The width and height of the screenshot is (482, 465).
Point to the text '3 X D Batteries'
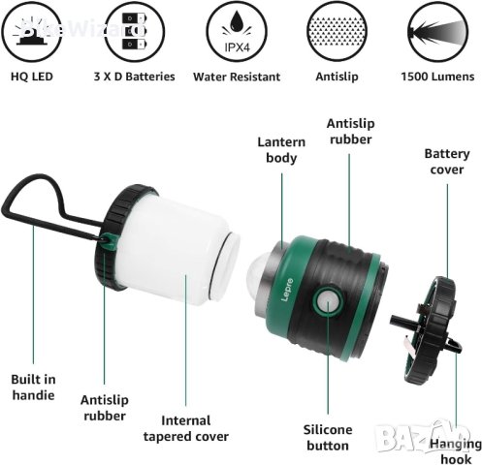[135, 76]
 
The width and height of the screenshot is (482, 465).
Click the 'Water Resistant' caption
[237, 76]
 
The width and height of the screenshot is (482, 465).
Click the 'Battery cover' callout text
[449, 162]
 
